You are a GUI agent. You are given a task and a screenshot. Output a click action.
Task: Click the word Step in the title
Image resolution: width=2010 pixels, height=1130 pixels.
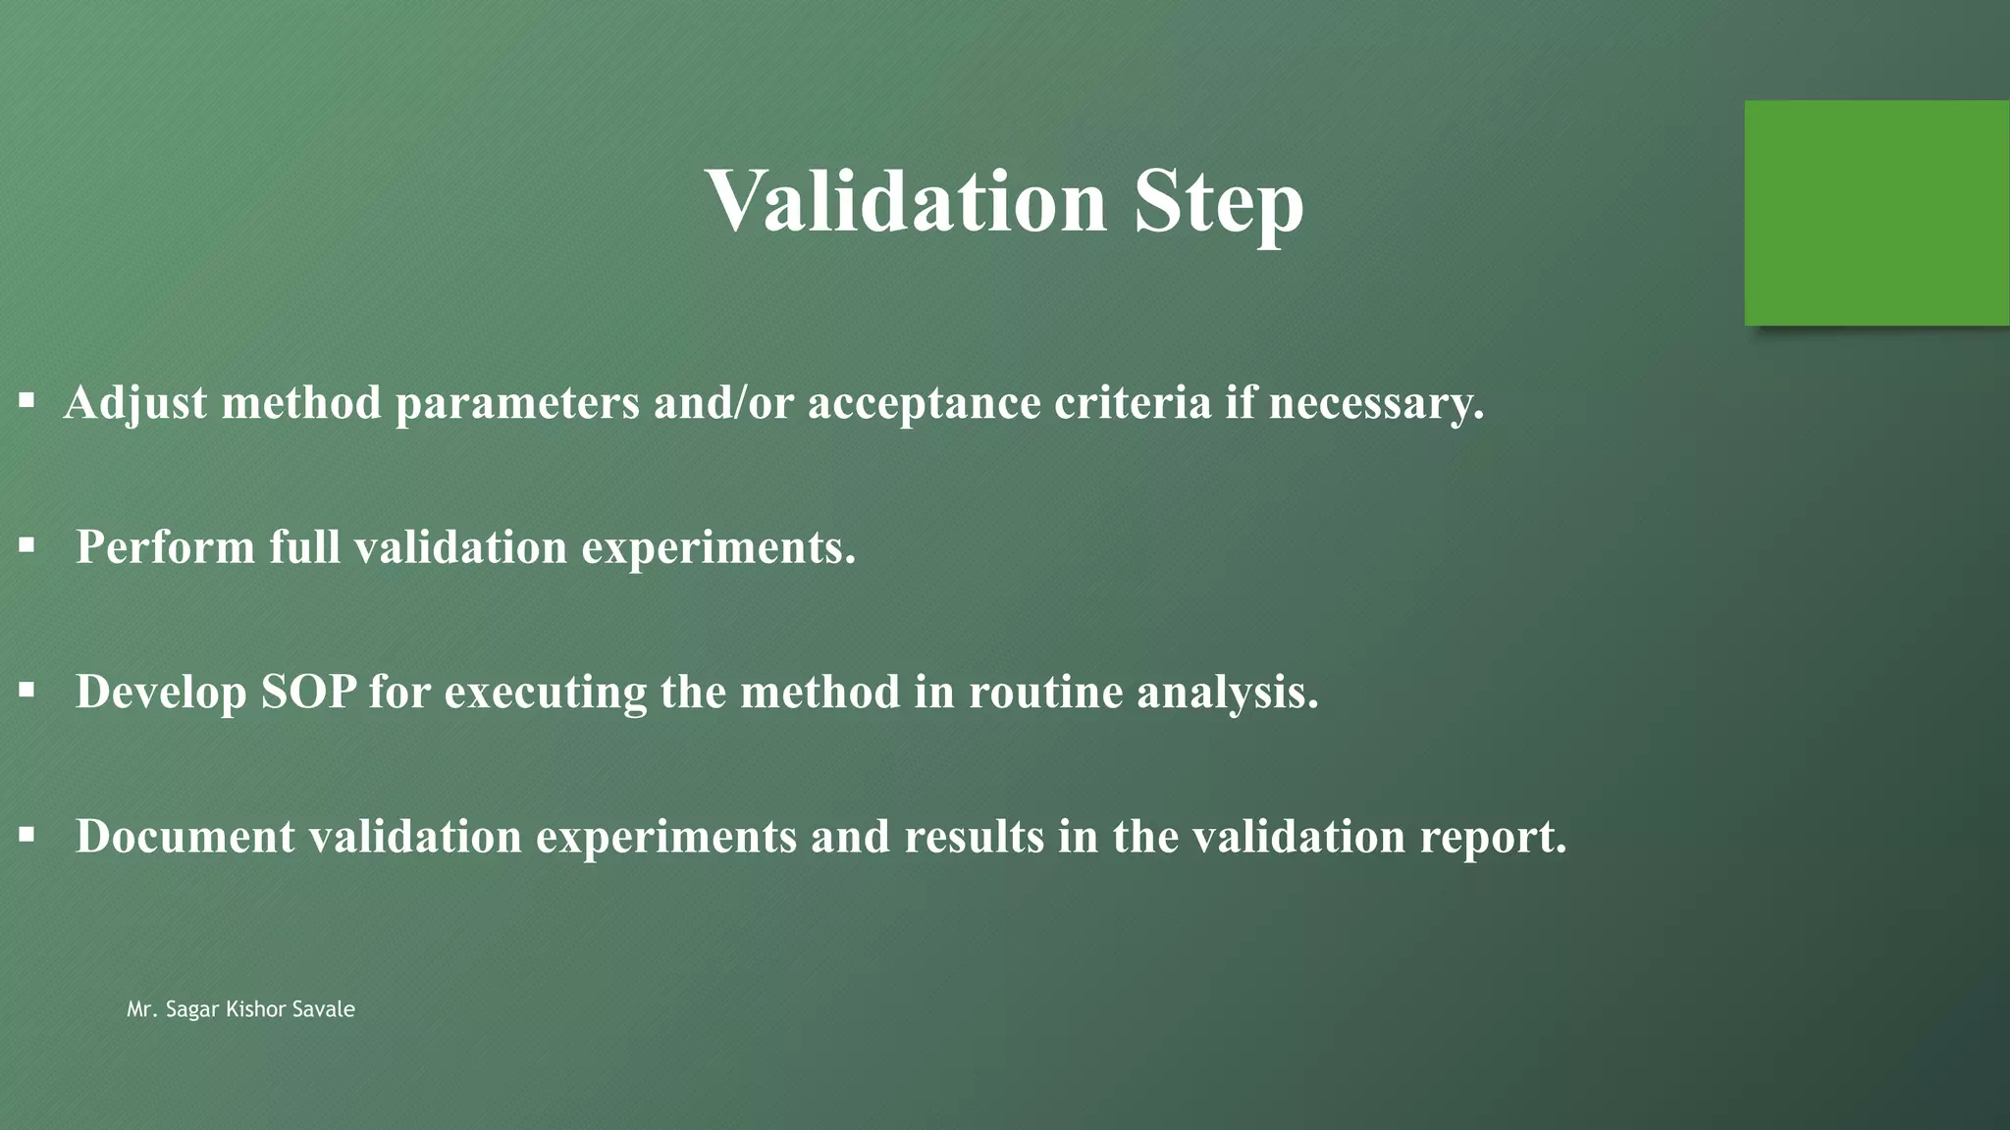1218,203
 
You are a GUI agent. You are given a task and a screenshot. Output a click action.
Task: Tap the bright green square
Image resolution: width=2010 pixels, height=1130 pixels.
1876,213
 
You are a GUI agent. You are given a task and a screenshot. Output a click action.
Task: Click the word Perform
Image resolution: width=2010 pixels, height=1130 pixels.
166,547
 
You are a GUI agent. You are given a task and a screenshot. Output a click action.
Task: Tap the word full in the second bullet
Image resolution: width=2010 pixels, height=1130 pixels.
305,547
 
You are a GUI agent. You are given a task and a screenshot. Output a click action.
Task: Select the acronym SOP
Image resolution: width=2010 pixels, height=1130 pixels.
308,693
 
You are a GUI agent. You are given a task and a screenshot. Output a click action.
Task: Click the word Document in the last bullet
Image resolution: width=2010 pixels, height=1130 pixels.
185,837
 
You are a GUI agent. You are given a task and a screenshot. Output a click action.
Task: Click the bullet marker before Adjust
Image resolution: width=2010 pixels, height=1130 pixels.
26,400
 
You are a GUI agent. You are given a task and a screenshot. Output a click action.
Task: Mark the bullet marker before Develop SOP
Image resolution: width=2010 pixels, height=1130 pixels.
26,691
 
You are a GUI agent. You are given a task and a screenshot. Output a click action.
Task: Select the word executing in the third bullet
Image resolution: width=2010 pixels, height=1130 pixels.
546,693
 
